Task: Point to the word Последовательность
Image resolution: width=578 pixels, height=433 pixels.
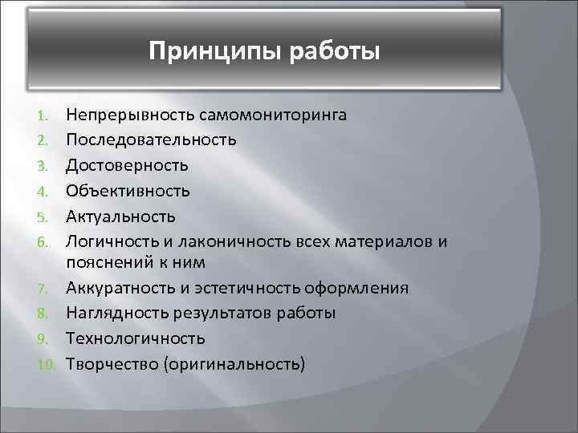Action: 151,140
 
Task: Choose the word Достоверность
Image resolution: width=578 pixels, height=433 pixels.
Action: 128,165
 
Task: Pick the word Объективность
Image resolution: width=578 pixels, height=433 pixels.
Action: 128,190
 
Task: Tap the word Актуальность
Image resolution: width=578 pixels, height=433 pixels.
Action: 120,216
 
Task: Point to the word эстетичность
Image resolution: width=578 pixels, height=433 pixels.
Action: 259,288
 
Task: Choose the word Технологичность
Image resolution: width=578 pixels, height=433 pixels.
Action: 136,338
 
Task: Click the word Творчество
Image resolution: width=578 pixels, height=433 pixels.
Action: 112,363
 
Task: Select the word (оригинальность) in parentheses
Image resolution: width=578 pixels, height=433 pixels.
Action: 234,363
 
